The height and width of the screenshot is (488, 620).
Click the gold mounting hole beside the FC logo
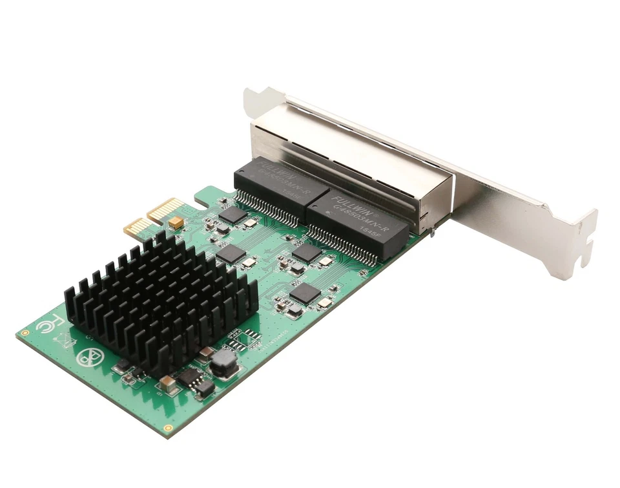25,333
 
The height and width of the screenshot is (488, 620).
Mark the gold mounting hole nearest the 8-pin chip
168,428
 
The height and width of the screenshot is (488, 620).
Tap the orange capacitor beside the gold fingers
175,223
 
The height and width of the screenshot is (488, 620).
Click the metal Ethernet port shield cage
362,155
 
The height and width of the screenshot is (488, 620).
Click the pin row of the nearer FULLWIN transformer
349,242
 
